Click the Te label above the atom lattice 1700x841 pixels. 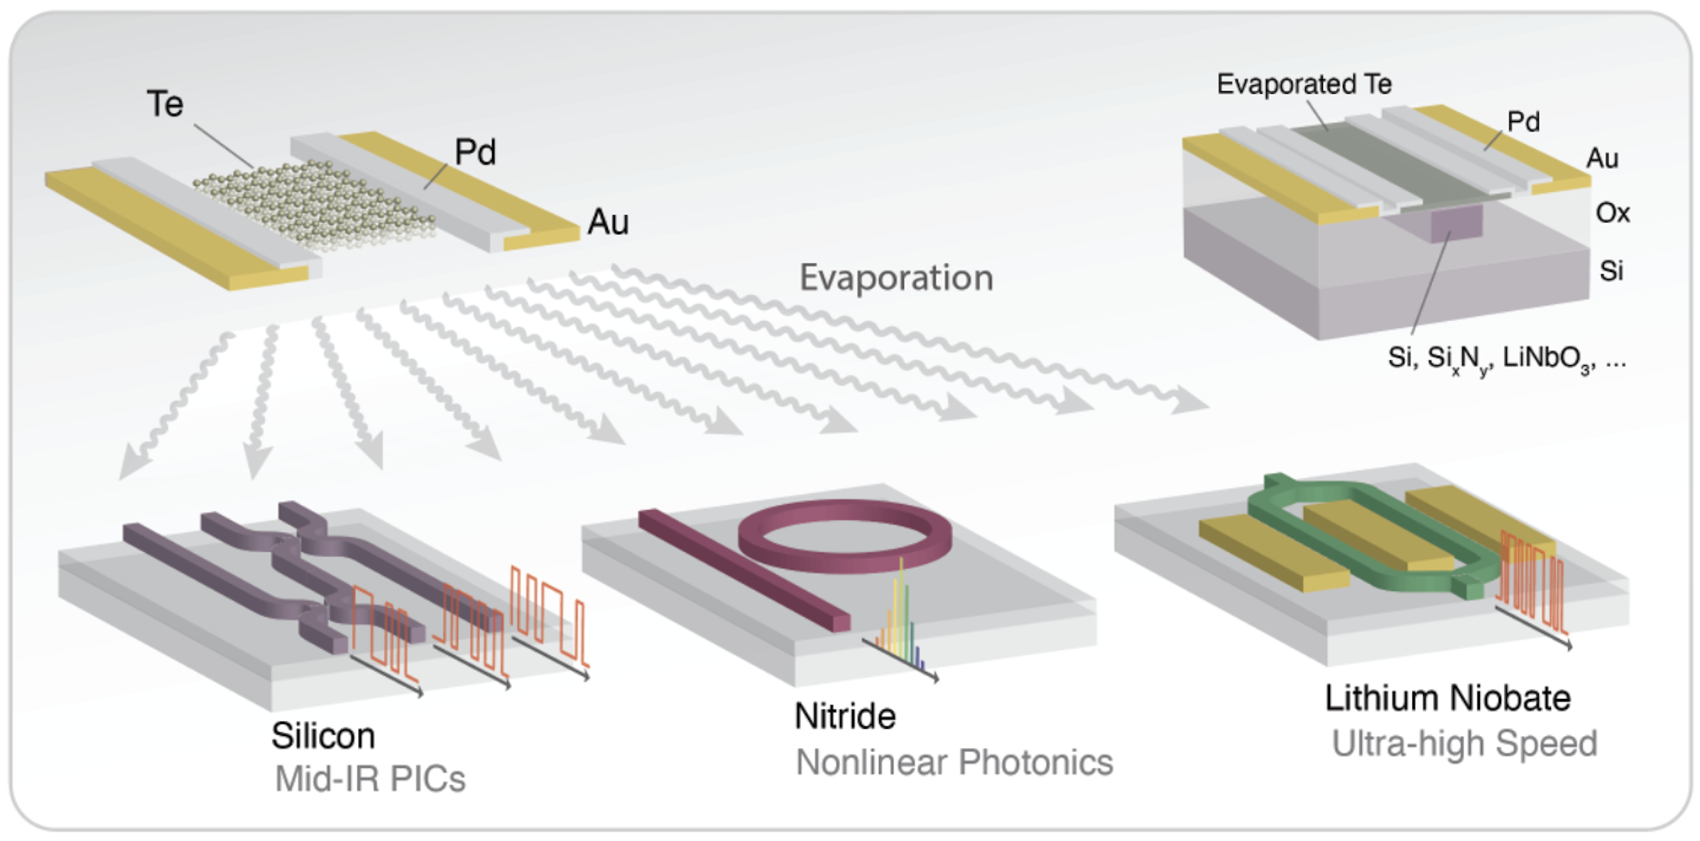pyautogui.click(x=165, y=104)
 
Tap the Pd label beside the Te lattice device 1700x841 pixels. pyautogui.click(x=474, y=152)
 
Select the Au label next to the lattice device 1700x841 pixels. pyautogui.click(x=608, y=222)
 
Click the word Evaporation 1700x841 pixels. pyautogui.click(x=896, y=277)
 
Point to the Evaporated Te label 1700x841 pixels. pyautogui.click(x=1304, y=84)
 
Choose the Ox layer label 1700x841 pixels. pyautogui.click(x=1612, y=212)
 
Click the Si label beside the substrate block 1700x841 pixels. pyautogui.click(x=1611, y=271)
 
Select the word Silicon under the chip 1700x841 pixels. pyautogui.click(x=323, y=735)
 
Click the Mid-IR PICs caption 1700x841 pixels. pyautogui.click(x=370, y=778)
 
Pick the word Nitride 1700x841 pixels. pyautogui.click(x=845, y=715)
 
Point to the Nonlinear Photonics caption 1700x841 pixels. pyautogui.click(x=954, y=762)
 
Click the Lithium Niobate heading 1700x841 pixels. pyautogui.click(x=1447, y=698)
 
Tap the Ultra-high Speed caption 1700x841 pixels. pyautogui.click(x=1464, y=744)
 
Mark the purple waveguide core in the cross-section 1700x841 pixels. pyautogui.click(x=1456, y=222)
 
